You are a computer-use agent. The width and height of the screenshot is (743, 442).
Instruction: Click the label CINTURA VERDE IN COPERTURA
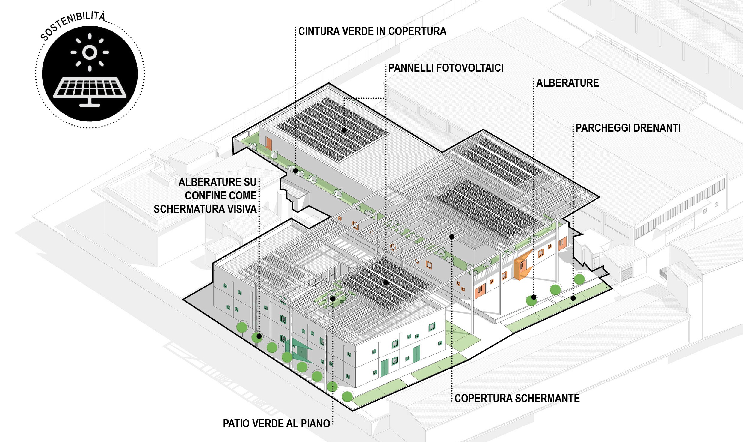point(372,31)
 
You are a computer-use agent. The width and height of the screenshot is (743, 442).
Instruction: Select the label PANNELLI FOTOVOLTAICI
point(446,68)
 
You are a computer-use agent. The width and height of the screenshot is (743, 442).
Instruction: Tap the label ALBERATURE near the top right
point(567,83)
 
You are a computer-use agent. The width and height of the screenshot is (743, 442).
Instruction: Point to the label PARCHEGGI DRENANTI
point(628,128)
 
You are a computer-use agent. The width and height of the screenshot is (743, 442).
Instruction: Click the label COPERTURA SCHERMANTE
point(517,399)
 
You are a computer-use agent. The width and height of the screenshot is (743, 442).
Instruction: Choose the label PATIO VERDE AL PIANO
point(276,424)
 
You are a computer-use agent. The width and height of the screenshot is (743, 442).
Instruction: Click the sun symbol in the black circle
point(90,52)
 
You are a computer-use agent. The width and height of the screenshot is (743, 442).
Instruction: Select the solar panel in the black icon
point(90,88)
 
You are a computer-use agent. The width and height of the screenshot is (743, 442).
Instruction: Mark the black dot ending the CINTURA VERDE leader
point(295,171)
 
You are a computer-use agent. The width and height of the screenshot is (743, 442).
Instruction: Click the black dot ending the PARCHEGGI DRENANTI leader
point(573,298)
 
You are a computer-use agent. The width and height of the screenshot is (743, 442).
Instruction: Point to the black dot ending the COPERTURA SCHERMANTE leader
point(452,237)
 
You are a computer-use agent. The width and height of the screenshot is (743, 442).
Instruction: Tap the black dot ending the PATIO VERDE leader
point(333,299)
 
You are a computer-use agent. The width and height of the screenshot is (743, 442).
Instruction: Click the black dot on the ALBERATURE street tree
point(534,297)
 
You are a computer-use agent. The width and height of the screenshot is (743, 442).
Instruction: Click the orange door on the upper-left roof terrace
point(268,144)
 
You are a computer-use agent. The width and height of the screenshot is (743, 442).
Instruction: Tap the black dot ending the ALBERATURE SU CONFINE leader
point(259,336)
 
